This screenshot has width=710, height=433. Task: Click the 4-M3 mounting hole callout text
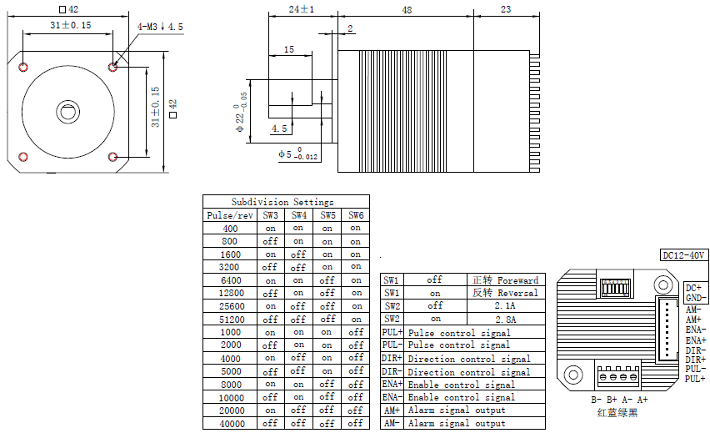click(160, 28)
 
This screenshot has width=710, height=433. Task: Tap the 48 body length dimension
click(406, 10)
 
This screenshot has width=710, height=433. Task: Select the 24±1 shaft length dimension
click(301, 10)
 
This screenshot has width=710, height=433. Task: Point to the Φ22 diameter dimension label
click(242, 113)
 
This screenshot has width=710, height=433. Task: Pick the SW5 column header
click(327, 215)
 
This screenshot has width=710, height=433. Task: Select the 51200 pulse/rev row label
click(231, 319)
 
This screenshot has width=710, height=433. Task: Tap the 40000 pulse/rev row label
click(231, 423)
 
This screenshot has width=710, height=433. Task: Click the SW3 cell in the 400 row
click(270, 228)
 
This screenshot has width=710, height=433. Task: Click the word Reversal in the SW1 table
click(517, 293)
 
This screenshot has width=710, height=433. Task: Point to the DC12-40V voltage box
click(683, 255)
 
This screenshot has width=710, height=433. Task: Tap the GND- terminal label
click(697, 298)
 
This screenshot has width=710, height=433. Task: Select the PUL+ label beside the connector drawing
click(695, 379)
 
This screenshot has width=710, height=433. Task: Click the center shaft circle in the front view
click(66, 111)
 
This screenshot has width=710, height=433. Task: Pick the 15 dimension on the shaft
click(288, 50)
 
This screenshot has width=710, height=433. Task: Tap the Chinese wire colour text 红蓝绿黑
click(617, 411)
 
